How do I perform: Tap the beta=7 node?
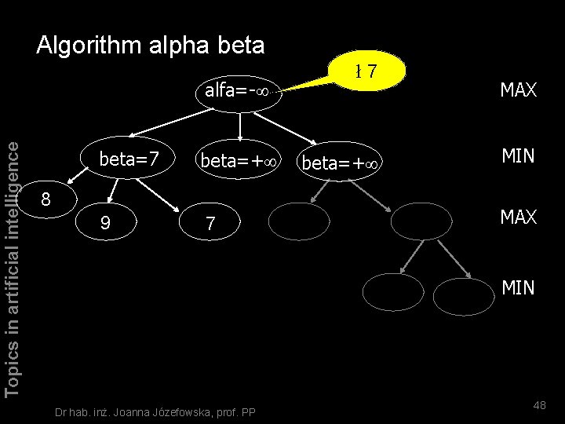point(129,160)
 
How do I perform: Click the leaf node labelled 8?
point(46,199)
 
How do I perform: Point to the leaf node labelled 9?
point(106,224)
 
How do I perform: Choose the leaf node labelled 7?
point(210,224)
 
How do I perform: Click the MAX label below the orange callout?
point(518,91)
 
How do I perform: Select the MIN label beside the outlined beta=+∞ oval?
point(518,156)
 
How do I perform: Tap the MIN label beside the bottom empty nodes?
point(518,288)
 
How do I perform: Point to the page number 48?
point(539,404)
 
